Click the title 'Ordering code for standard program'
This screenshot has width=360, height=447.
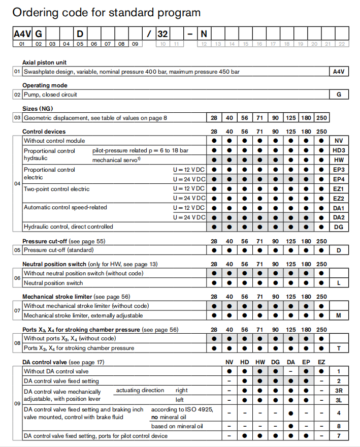tap(106, 13)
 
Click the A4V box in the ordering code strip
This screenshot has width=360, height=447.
tap(22, 34)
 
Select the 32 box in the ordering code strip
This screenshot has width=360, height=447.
tap(162, 34)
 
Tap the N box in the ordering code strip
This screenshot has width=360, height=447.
tap(204, 34)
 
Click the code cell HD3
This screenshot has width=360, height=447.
tap(339, 151)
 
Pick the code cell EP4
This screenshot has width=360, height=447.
tap(339, 179)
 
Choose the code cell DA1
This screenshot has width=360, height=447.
tap(339, 208)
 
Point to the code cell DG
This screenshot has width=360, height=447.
tap(339, 227)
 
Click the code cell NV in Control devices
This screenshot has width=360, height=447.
tap(339, 141)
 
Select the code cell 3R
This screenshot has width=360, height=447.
tap(339, 391)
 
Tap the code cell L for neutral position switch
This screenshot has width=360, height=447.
tap(339, 283)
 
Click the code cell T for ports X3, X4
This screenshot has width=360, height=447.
tap(339, 348)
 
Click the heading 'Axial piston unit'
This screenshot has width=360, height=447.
tap(45, 62)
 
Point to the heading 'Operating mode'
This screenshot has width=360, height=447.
tap(45, 85)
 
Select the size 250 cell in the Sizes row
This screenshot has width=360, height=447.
tap(321, 118)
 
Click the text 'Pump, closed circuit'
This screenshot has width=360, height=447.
tap(50, 94)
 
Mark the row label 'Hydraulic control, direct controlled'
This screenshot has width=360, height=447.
tap(68, 227)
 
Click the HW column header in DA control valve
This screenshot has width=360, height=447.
tap(260, 362)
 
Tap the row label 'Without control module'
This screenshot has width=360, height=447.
tap(54, 141)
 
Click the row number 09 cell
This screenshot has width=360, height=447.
tap(17, 404)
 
